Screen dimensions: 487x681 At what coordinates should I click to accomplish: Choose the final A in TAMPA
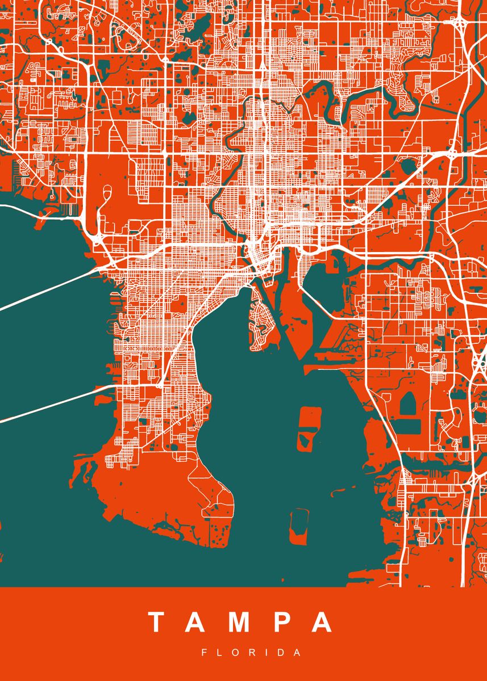pos(322,623)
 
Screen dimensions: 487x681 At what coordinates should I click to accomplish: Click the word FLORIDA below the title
pos(251,653)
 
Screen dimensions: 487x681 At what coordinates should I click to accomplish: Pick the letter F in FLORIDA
pos(205,653)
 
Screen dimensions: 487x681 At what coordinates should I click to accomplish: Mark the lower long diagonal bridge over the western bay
pos(51,403)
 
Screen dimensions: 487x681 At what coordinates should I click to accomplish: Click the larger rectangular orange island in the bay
pos(308,428)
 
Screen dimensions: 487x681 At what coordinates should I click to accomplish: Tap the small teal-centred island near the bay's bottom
pos(298,526)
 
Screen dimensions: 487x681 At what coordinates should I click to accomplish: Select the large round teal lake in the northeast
pos(407,166)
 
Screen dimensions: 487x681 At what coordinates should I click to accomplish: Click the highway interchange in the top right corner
pos(459,23)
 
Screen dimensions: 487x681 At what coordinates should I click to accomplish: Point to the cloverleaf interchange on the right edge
pos(480,363)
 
